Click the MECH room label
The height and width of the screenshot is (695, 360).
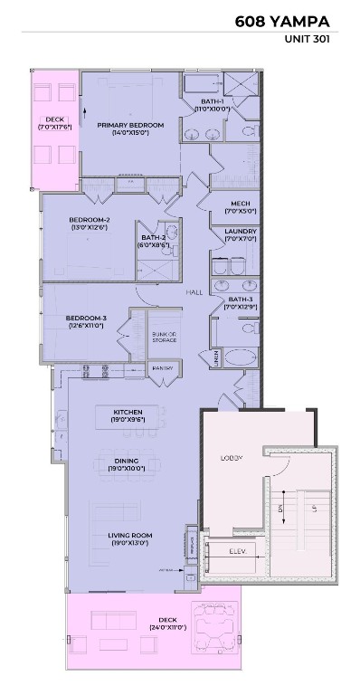tap(240, 207)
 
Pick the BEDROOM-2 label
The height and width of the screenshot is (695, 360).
tap(89, 224)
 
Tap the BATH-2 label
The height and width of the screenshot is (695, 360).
tap(152, 239)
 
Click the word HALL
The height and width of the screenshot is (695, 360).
tap(194, 292)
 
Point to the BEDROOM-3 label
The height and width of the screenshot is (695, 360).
tap(86, 321)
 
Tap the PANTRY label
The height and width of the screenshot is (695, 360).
tap(162, 368)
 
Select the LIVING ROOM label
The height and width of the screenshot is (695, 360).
tap(129, 539)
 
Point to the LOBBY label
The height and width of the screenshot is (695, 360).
tap(232, 458)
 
